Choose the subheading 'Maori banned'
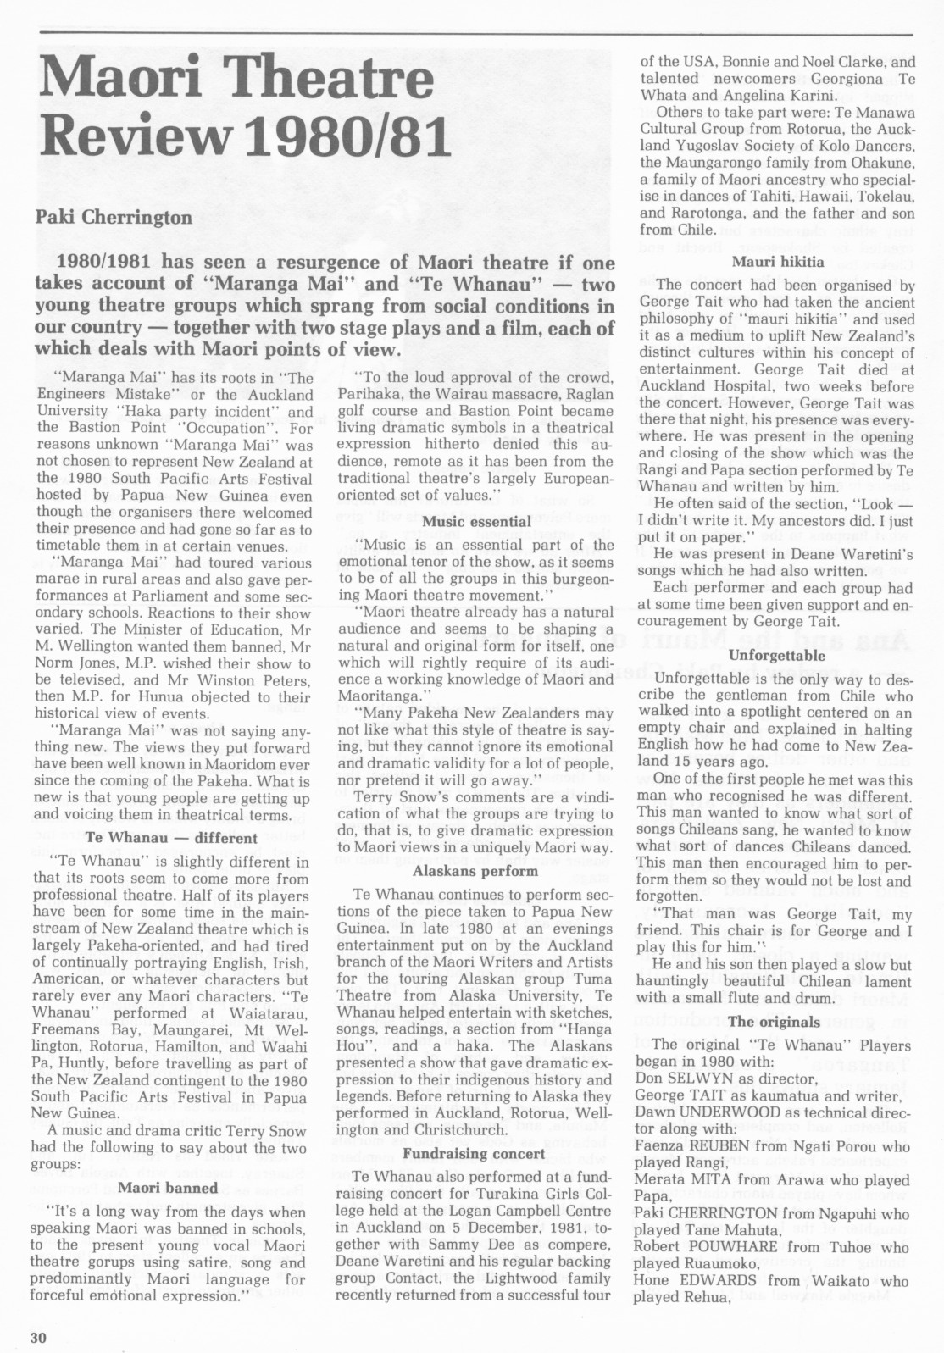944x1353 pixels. pos(168,1187)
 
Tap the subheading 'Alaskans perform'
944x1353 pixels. pos(475,870)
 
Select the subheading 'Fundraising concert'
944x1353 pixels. pos(475,1153)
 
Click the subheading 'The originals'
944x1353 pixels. pos(775,1021)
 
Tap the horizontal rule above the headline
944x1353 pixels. pos(475,33)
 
